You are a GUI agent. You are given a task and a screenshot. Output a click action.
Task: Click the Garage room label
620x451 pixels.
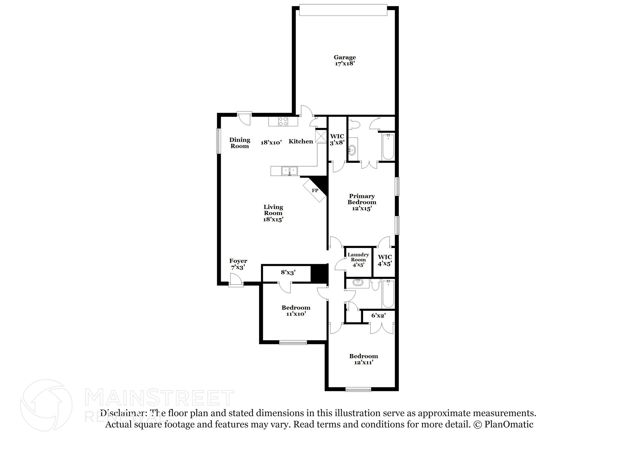[345, 57]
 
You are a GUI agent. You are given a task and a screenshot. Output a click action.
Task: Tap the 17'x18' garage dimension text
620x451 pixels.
[345, 64]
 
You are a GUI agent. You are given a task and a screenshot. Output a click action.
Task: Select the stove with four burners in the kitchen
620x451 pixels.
[71, 121]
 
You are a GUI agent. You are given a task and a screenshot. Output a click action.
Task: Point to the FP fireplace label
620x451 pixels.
[315, 191]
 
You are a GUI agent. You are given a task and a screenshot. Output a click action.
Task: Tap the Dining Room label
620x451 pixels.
[240, 143]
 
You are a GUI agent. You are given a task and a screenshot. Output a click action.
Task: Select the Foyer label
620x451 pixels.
[238, 261]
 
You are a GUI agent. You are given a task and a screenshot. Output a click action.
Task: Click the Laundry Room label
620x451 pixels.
[358, 257]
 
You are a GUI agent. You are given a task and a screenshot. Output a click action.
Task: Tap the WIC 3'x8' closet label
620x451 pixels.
[337, 140]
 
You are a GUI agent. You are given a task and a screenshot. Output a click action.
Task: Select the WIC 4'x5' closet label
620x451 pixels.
[385, 260]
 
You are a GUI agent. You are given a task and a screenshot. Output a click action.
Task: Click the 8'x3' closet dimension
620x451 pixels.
[288, 272]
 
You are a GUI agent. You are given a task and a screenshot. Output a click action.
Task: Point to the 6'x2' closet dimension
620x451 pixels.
[378, 315]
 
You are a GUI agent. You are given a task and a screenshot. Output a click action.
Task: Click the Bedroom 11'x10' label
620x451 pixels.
[296, 311]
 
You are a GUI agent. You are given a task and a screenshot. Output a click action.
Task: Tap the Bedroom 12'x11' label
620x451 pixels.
[364, 359]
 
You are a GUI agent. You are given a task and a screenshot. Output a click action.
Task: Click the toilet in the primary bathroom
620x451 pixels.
[354, 124]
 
